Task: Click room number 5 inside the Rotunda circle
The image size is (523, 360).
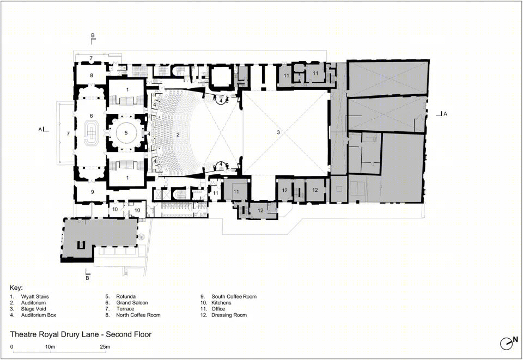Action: click(x=126, y=133)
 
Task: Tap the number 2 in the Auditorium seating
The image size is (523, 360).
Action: click(x=178, y=135)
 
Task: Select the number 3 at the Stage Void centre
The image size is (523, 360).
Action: click(x=278, y=132)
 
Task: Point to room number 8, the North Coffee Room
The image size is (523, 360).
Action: click(x=92, y=76)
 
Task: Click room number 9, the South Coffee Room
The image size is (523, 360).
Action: click(x=93, y=192)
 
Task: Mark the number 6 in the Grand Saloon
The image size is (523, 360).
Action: click(x=91, y=116)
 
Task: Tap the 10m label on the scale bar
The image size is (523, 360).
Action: click(x=50, y=347)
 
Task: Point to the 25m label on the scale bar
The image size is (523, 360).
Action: click(x=105, y=347)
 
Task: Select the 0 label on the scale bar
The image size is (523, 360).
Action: click(x=11, y=347)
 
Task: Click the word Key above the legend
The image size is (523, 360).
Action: click(x=16, y=288)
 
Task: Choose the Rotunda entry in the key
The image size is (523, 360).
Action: click(x=126, y=296)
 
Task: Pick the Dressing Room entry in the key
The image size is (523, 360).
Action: click(x=229, y=315)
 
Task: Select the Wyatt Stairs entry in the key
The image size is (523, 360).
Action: click(x=35, y=296)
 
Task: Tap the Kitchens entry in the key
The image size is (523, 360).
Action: click(x=221, y=303)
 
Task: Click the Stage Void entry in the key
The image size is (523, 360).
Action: click(x=34, y=309)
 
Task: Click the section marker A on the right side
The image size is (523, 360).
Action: click(x=445, y=114)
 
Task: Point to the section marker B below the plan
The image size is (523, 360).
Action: click(x=87, y=278)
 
